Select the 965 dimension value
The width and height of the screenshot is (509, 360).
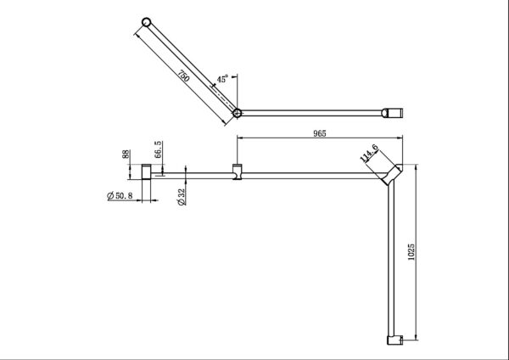click(319, 133)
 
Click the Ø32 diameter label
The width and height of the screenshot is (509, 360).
click(180, 196)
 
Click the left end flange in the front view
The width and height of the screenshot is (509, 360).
click(148, 175)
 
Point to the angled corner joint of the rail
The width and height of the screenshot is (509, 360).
click(389, 175)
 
